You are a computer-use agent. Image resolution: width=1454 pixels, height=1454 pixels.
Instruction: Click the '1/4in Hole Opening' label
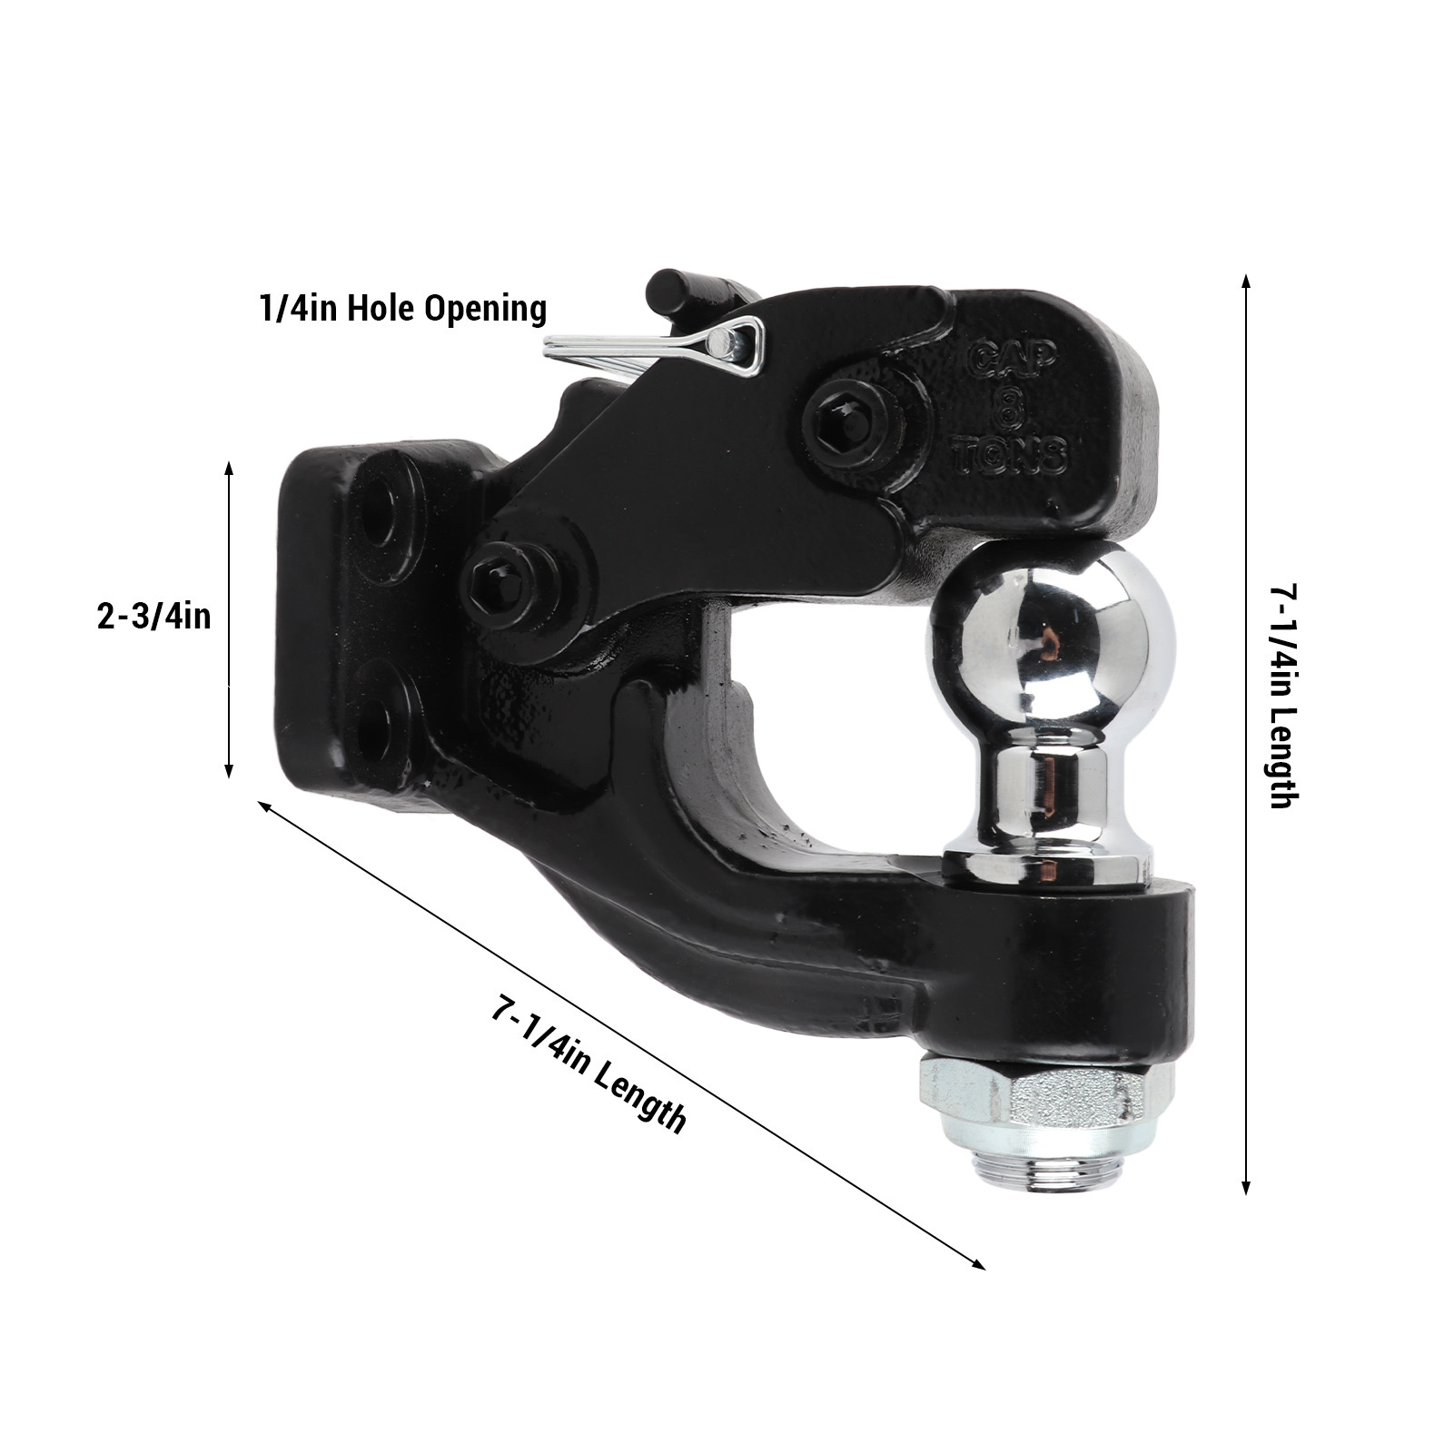pyautogui.click(x=403, y=309)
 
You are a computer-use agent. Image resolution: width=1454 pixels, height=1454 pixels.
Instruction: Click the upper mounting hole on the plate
pyautogui.click(x=381, y=505)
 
